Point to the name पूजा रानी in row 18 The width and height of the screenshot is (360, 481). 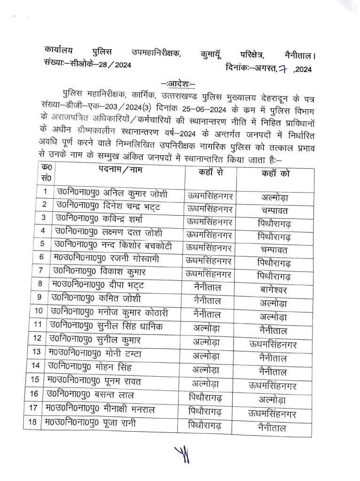tap(123, 423)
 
